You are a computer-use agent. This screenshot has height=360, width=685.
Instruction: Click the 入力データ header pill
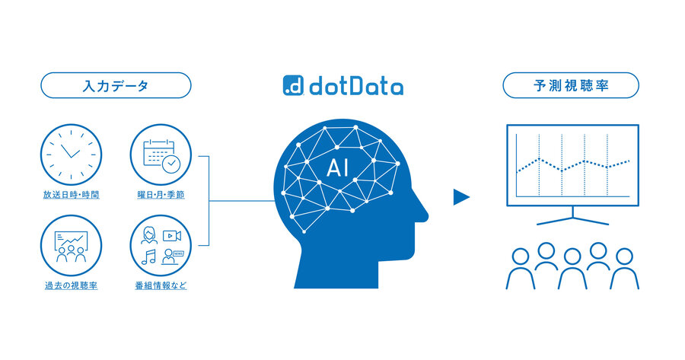(x=116, y=85)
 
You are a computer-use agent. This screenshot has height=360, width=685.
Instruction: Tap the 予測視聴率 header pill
(x=571, y=85)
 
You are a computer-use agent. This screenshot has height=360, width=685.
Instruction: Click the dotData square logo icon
(x=293, y=85)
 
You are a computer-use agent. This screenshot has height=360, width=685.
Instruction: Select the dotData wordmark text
(x=356, y=86)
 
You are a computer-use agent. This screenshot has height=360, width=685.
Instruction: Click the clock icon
(x=72, y=155)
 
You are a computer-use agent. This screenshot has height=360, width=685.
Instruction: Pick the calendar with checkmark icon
(x=161, y=155)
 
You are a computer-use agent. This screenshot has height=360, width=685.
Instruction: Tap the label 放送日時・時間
(x=72, y=195)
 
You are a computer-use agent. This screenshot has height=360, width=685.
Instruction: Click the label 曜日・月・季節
(x=161, y=195)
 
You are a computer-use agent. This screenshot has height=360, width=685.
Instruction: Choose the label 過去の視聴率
(x=72, y=285)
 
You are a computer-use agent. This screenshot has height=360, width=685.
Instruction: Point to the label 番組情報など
(x=161, y=285)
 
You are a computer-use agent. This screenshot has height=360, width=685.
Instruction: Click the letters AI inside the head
(x=338, y=167)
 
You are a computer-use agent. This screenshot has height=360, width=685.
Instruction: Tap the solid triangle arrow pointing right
(x=461, y=197)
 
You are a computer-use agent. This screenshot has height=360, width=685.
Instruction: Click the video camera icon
(x=172, y=236)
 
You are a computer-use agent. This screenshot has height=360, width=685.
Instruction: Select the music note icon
(x=148, y=257)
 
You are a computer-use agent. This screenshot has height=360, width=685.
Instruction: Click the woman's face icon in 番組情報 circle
(x=149, y=235)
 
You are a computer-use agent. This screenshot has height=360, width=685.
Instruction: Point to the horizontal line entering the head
(x=242, y=201)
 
